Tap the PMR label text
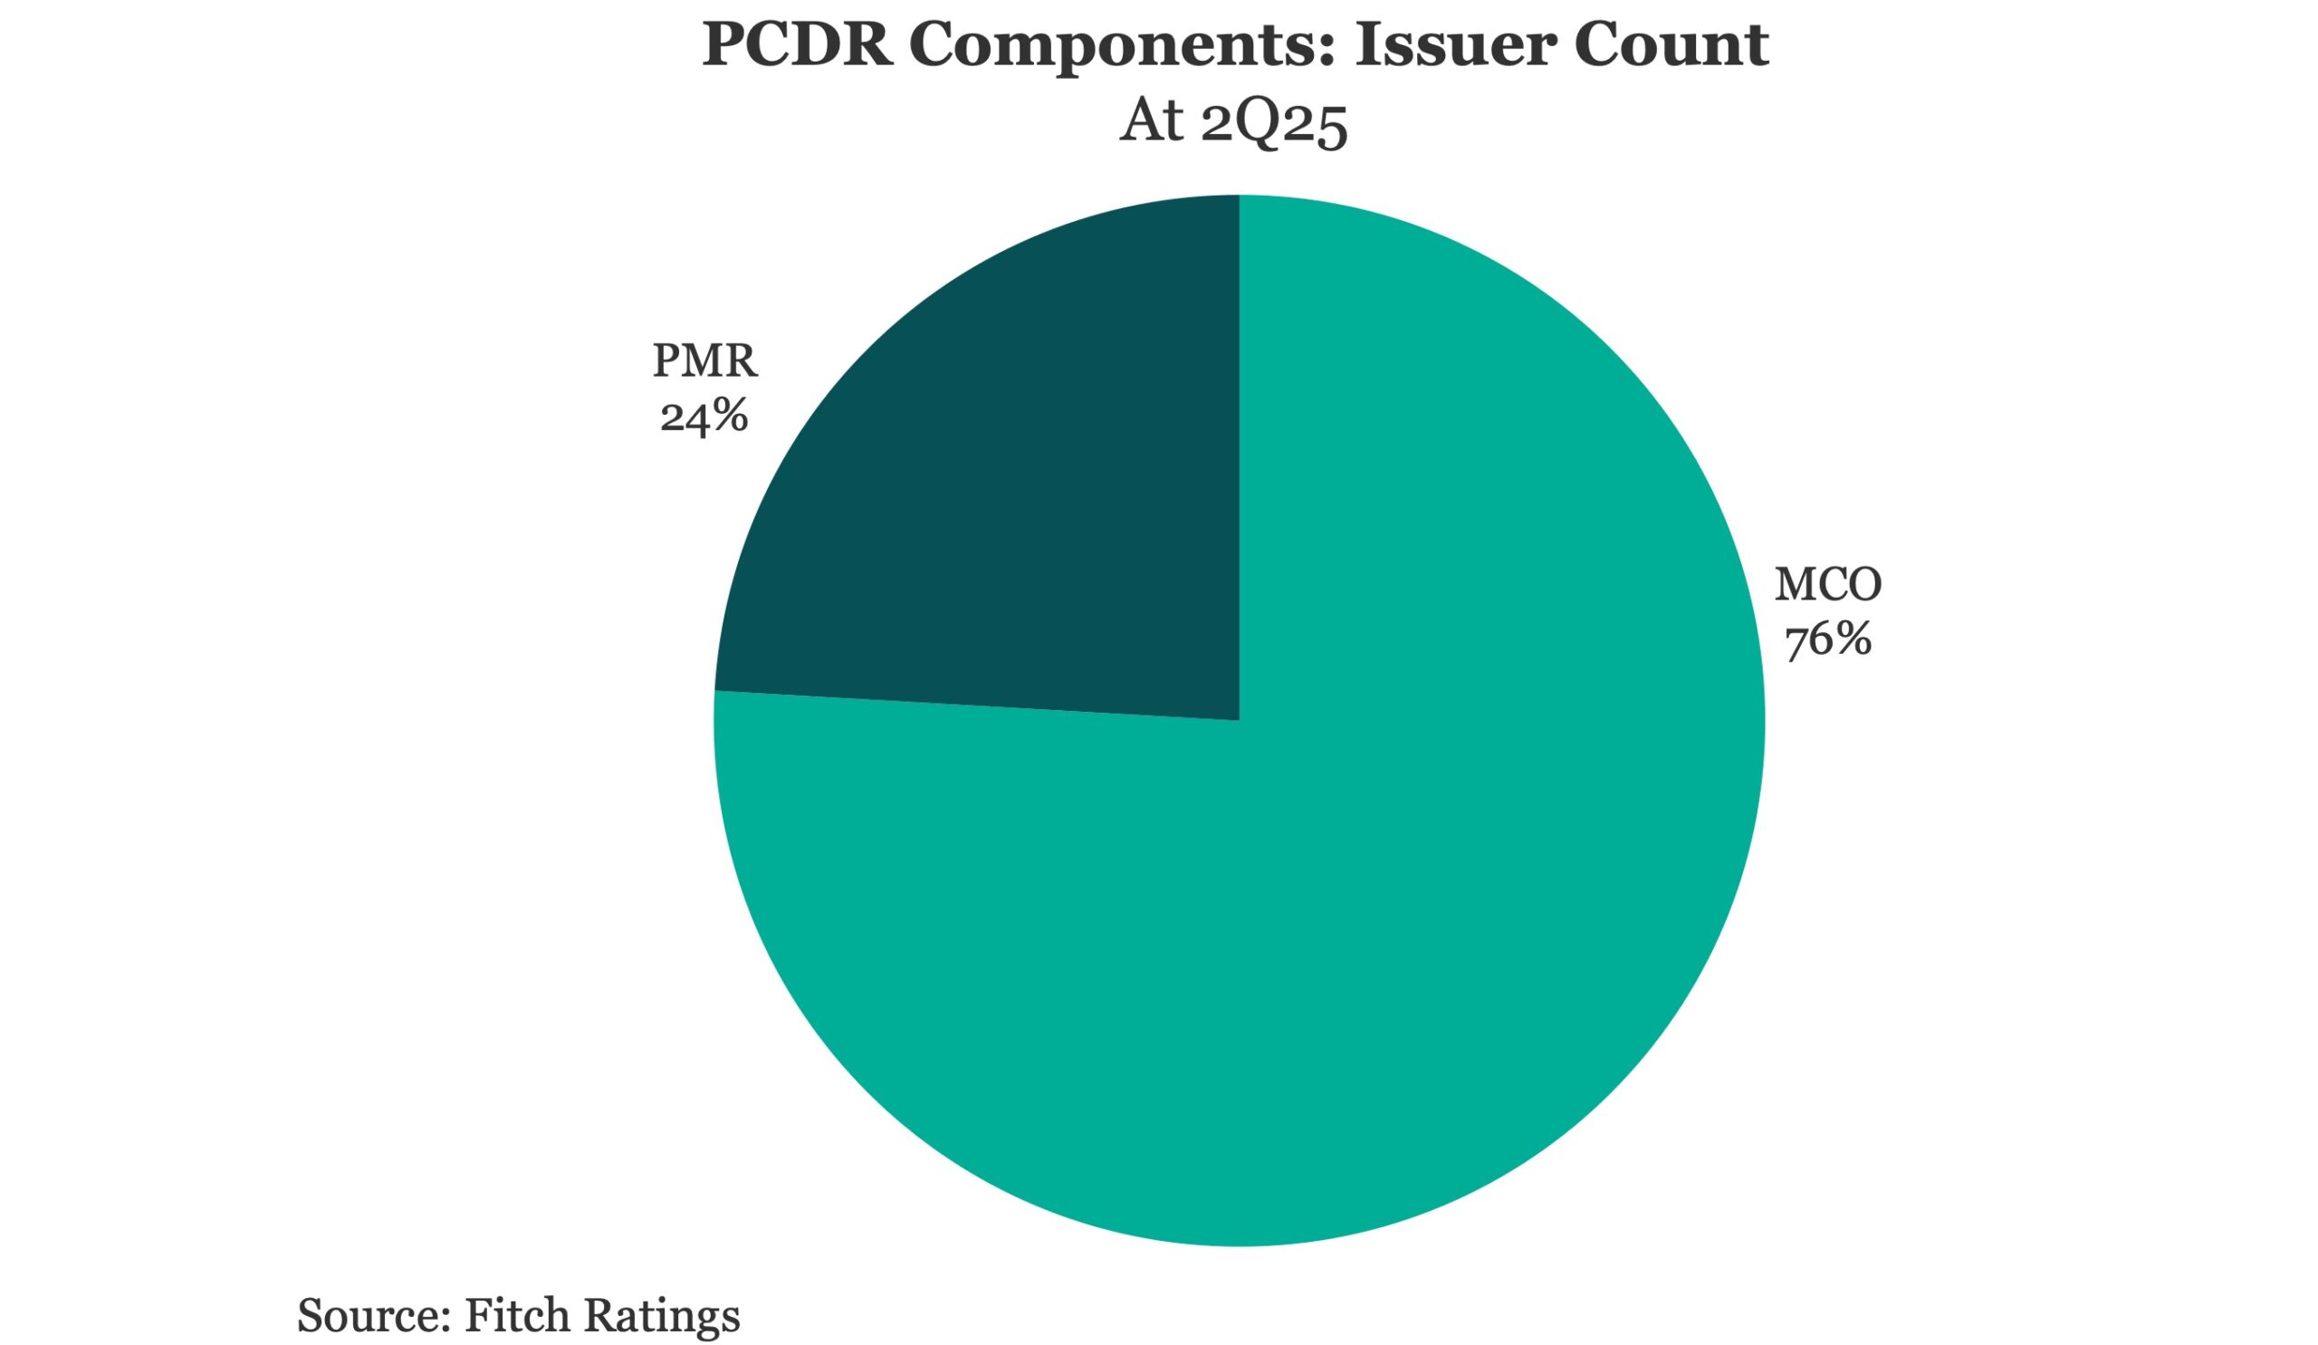[704, 360]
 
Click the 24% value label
[704, 416]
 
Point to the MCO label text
[1828, 584]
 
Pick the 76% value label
[1828, 639]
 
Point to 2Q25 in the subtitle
[1274, 121]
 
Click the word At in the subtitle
[1151, 120]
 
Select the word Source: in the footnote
[373, 1314]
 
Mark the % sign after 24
[728, 416]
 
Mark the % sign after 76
[1851, 639]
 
